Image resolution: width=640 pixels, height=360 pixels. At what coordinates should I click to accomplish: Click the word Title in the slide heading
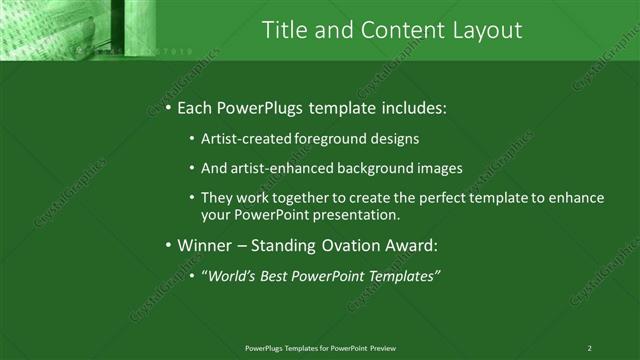click(283, 31)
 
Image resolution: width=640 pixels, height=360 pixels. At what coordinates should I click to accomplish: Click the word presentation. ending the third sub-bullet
click(357, 214)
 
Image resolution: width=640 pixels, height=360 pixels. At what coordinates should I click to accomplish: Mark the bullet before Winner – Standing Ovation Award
click(169, 245)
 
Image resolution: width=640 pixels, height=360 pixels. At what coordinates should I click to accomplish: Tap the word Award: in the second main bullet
click(411, 245)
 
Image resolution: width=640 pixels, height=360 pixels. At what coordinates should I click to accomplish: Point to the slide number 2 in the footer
click(589, 347)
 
